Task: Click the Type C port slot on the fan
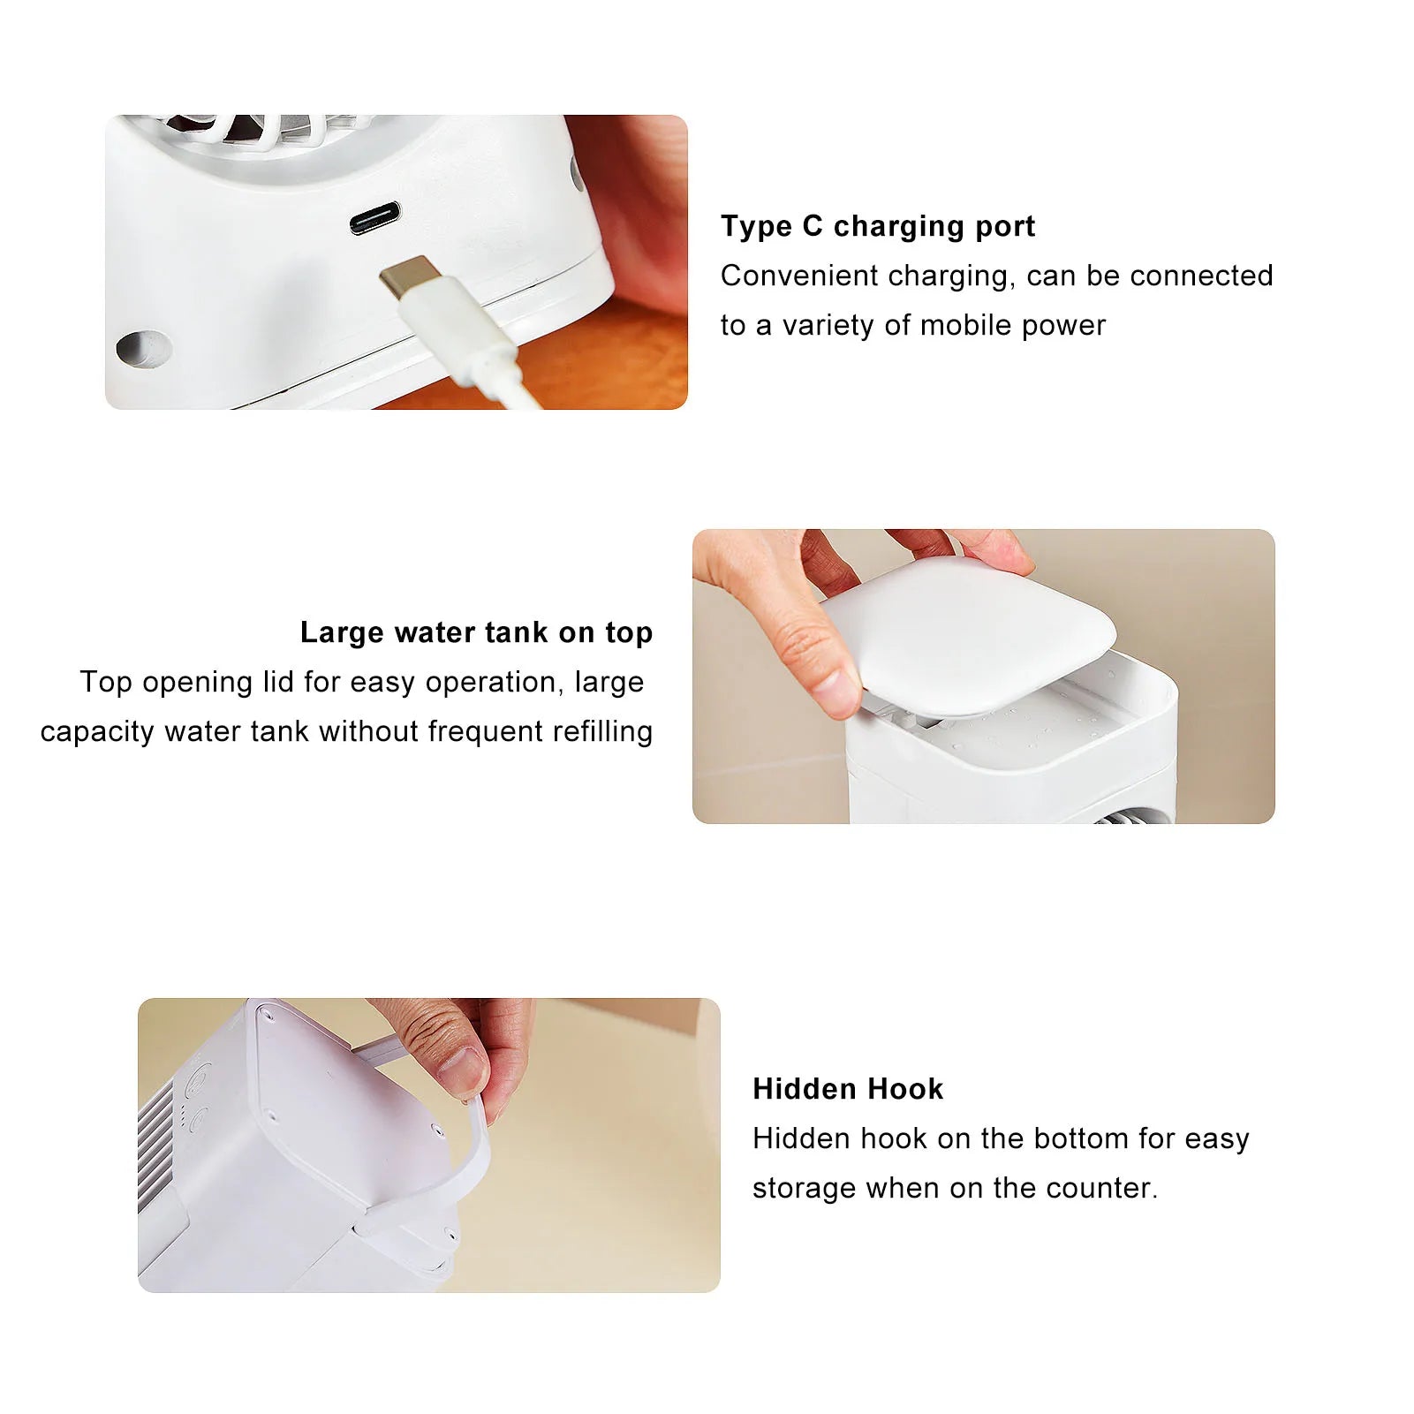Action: (x=374, y=217)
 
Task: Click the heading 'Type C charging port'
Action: (x=877, y=226)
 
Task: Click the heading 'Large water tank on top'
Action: (x=476, y=632)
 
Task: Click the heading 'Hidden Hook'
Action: (x=848, y=1089)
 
